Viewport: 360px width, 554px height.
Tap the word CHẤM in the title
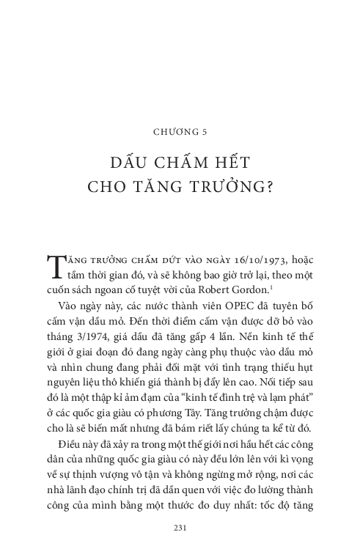175,163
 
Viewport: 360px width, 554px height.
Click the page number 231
180,527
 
